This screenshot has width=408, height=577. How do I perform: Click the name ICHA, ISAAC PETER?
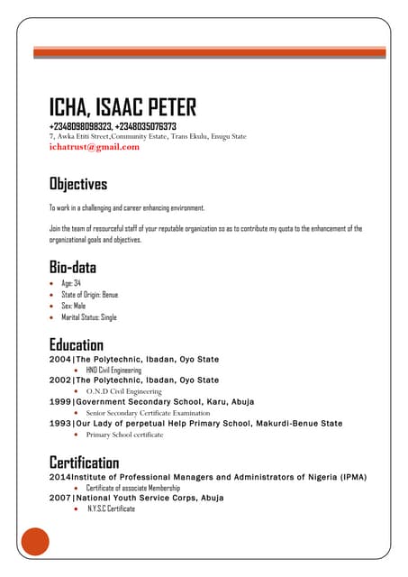pos(122,108)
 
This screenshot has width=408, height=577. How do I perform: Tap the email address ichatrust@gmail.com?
pos(95,146)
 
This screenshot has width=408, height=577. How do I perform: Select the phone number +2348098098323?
pos(80,126)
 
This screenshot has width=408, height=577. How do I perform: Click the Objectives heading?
pos(78,184)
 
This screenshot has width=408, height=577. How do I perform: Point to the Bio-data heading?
pos(73,267)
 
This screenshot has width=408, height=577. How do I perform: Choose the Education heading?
pos(77,344)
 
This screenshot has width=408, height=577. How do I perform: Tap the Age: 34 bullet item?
pos(71,283)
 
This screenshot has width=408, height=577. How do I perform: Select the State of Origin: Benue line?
pos(89,295)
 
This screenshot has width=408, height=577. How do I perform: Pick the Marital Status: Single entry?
pos(89,317)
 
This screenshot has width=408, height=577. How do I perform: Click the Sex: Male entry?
pos(74,306)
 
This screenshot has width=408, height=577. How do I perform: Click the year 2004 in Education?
pos(59,359)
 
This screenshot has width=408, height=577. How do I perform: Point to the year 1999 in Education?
pos(59,401)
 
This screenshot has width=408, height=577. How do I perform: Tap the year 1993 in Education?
pos(59,423)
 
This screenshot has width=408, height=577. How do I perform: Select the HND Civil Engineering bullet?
pos(113,371)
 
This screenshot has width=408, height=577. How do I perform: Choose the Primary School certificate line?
pos(124,434)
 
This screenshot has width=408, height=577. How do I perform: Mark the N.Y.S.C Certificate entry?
pos(111,508)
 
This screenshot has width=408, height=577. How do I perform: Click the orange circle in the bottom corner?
pos(35,543)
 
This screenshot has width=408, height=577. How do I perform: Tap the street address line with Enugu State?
pos(148,136)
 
